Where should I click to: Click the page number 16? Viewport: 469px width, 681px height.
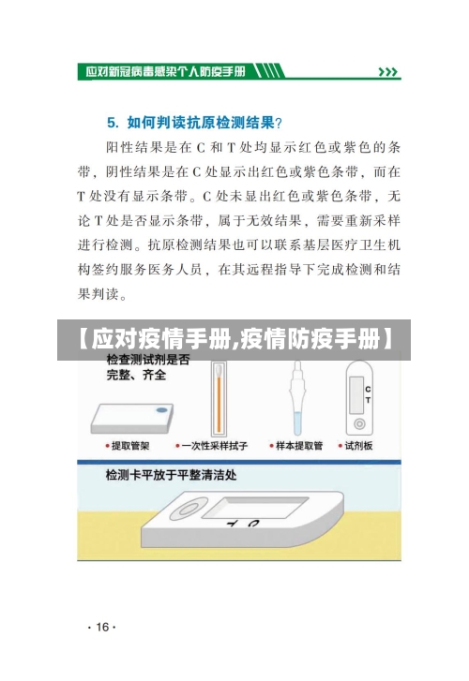tap(99, 627)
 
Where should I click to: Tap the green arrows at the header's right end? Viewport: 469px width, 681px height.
tap(387, 71)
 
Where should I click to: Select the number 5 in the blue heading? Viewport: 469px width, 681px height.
tap(112, 121)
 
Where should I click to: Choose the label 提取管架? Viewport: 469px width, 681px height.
tap(130, 447)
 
